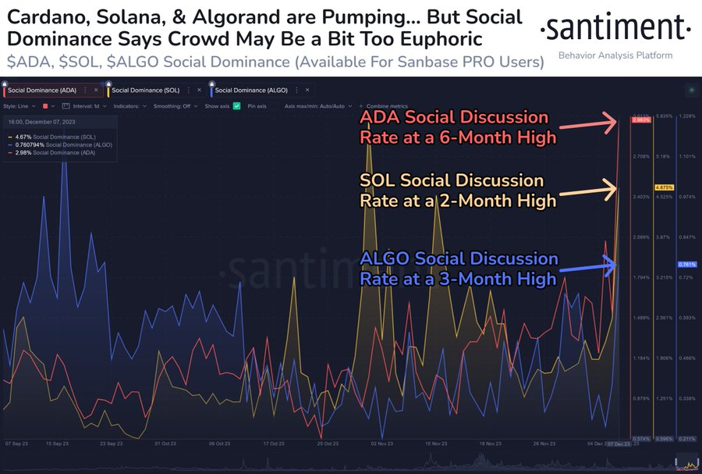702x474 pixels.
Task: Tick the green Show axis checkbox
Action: (236, 105)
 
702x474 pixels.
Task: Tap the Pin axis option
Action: (257, 105)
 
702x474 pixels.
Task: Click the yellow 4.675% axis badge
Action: (664, 188)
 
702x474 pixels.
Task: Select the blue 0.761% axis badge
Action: (686, 265)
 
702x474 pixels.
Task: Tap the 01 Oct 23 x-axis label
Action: (165, 443)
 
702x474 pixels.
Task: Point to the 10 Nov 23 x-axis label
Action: (437, 443)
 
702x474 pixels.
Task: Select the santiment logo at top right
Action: (615, 30)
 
